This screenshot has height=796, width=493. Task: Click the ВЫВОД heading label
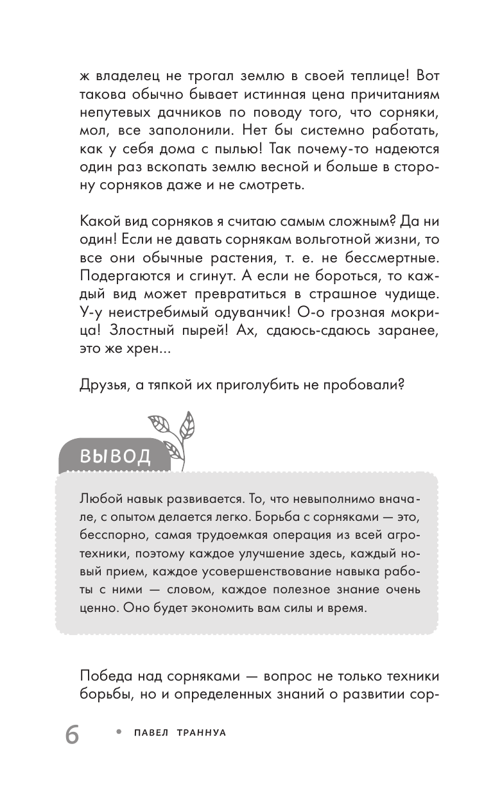[x=115, y=456]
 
